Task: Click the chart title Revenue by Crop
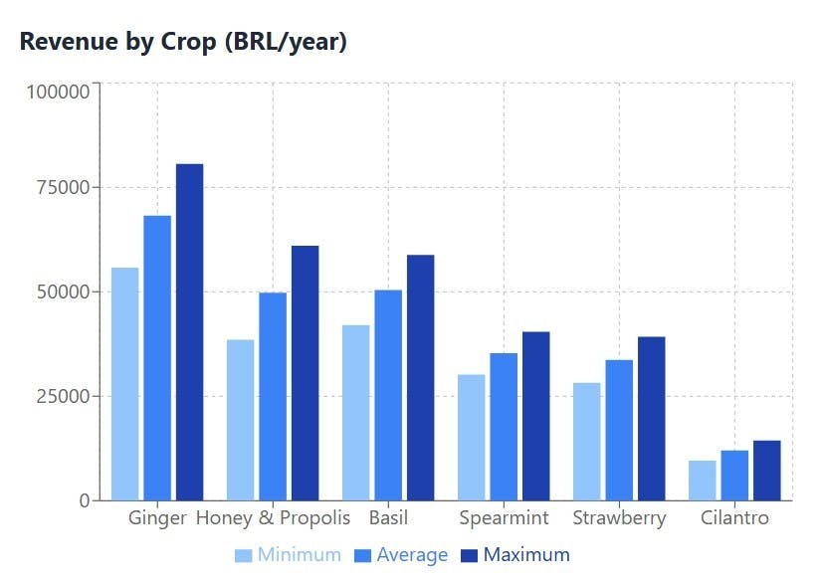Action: [183, 42]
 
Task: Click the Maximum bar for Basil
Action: [420, 377]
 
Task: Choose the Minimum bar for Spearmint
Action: [471, 437]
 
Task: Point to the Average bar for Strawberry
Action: [619, 430]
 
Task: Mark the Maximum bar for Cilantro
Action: [766, 470]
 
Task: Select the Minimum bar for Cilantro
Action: [702, 480]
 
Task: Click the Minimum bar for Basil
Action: [355, 412]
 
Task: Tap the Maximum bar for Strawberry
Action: [651, 418]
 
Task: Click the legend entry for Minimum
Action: [288, 555]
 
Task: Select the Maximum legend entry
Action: [514, 555]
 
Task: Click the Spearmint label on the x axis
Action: [504, 518]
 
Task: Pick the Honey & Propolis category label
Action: [273, 518]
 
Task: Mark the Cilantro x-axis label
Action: [734, 518]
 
